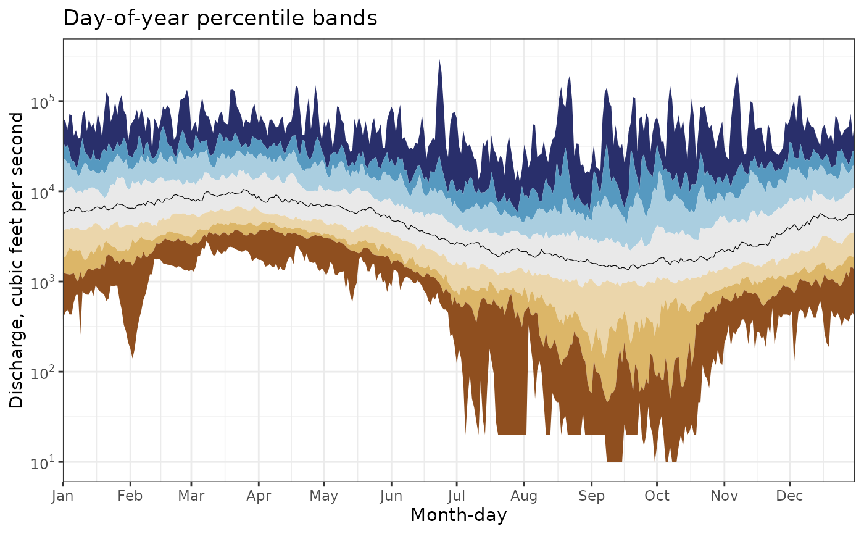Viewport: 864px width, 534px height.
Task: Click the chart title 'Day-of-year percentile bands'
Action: click(x=220, y=19)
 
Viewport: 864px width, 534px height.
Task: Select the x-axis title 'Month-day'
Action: click(x=459, y=515)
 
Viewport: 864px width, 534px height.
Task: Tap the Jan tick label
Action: click(x=63, y=496)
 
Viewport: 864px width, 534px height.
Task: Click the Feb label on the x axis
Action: click(x=130, y=496)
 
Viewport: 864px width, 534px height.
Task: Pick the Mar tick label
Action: click(x=191, y=496)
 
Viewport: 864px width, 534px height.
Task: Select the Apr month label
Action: click(x=258, y=496)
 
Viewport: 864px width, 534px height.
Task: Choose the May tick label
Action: click(x=324, y=496)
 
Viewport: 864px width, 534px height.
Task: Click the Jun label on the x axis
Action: click(x=391, y=496)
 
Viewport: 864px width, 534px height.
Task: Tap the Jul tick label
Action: click(x=456, y=496)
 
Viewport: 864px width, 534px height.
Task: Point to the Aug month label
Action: click(x=524, y=496)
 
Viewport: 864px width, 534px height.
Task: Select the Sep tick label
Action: click(x=591, y=496)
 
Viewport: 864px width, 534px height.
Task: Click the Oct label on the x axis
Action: click(x=657, y=496)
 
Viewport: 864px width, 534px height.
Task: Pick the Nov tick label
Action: click(x=724, y=496)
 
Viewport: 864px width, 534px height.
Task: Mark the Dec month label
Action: click(x=789, y=496)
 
